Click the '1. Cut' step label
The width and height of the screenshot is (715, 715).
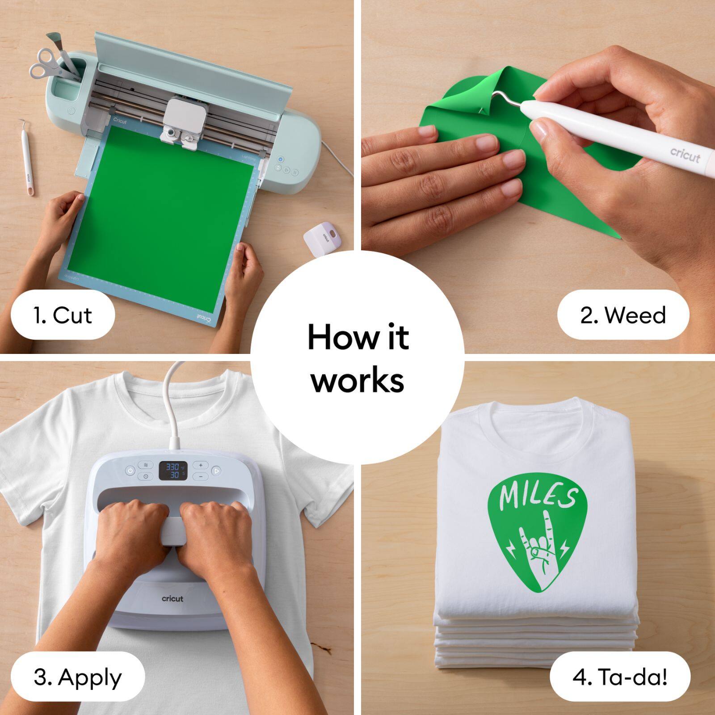coord(63,315)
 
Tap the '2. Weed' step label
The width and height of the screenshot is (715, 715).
coord(623,315)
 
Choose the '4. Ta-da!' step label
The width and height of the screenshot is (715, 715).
coord(620,677)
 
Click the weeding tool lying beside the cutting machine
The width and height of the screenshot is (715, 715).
coord(26,156)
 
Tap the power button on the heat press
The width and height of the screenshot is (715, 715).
coord(130,471)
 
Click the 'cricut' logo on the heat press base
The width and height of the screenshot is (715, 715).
coord(172,598)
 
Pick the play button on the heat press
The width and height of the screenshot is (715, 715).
coord(216,471)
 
